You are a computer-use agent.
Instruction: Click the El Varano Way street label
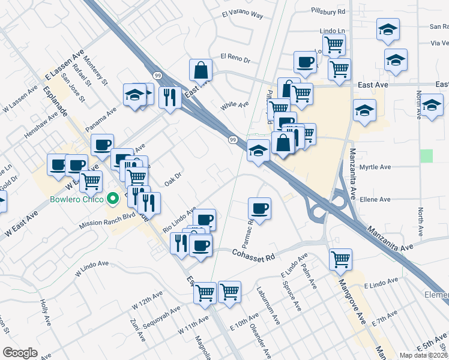[x=243, y=13]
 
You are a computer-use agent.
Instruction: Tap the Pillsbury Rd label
[x=328, y=11]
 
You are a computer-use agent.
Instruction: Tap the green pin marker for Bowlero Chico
[x=113, y=197]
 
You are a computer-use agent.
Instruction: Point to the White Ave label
[x=235, y=104]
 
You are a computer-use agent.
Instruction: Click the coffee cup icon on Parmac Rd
[x=259, y=208]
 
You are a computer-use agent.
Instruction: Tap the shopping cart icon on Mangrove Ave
[x=340, y=259]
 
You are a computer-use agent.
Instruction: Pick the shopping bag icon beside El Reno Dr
[x=200, y=70]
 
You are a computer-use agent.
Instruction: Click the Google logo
[x=20, y=353]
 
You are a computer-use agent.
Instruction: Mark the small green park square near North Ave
[x=427, y=156]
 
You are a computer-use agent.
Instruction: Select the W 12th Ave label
[x=148, y=301]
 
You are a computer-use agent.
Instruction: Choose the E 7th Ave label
[x=385, y=318]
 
